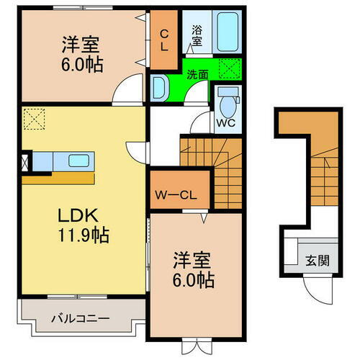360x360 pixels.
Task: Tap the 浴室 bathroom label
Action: pos(197,35)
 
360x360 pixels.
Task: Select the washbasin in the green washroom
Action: pos(160,89)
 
